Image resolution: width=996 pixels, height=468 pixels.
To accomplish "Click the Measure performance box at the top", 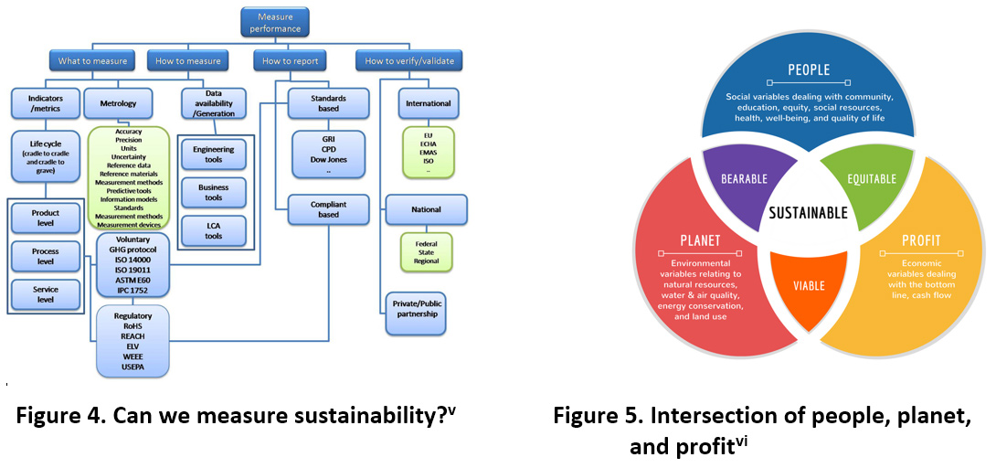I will [x=275, y=23].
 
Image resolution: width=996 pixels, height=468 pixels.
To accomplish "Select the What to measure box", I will [x=94, y=61].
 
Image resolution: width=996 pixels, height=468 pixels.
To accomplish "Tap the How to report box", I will [x=290, y=61].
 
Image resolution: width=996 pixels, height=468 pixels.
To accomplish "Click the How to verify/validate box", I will [x=408, y=61].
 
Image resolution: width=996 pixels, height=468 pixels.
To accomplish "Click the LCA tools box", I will [x=213, y=230].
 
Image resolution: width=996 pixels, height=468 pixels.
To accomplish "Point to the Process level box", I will [x=45, y=257].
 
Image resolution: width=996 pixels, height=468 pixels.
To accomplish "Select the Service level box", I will [x=45, y=293].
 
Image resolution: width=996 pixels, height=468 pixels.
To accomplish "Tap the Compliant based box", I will [x=328, y=209].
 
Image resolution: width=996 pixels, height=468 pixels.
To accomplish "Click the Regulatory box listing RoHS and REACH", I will [x=132, y=340].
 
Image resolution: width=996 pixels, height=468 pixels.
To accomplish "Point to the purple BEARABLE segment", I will [x=744, y=179].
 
